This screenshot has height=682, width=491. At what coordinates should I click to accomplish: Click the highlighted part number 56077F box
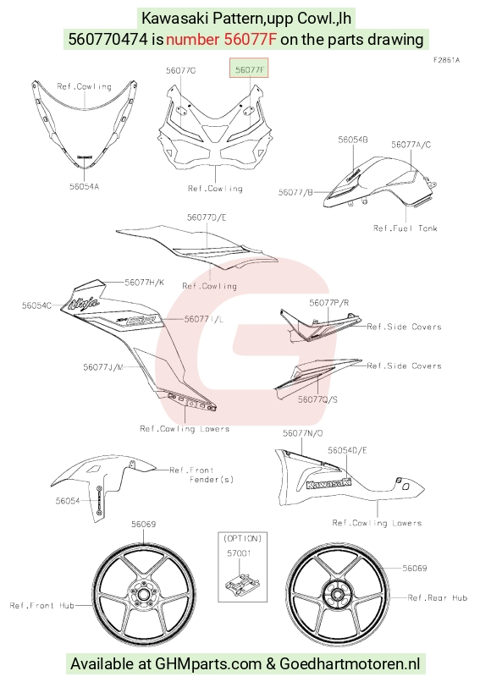pyautogui.click(x=249, y=68)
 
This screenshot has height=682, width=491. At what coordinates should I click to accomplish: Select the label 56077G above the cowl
pyautogui.click(x=180, y=70)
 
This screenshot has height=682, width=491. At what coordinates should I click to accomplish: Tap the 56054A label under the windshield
pyautogui.click(x=85, y=186)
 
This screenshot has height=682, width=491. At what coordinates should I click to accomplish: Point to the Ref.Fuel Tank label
pyautogui.click(x=405, y=228)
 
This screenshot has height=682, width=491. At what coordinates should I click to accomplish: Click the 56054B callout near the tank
pyautogui.click(x=353, y=140)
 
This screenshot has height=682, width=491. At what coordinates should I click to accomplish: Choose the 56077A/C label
pyautogui.click(x=411, y=145)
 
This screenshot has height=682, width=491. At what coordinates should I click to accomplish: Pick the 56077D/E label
pyautogui.click(x=207, y=217)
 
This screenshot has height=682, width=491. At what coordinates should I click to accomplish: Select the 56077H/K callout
pyautogui.click(x=145, y=283)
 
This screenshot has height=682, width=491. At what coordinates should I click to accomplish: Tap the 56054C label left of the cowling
pyautogui.click(x=36, y=305)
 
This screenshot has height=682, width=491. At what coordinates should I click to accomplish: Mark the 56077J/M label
pyautogui.click(x=103, y=366)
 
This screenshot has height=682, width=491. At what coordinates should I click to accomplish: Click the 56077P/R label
pyautogui.click(x=329, y=303)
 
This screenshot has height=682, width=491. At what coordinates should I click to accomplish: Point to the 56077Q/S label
pyautogui.click(x=317, y=399)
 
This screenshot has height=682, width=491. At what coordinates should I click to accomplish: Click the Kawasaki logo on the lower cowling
pyautogui.click(x=329, y=483)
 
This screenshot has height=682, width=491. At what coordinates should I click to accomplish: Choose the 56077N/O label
pyautogui.click(x=303, y=433)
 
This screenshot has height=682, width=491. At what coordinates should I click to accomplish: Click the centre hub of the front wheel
pyautogui.click(x=143, y=594)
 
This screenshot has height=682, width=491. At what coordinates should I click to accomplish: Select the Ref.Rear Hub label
pyautogui.click(x=438, y=597)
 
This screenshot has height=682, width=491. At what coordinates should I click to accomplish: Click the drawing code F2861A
pyautogui.click(x=446, y=60)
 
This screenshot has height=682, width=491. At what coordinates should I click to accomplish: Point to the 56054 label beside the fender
pyautogui.click(x=68, y=501)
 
